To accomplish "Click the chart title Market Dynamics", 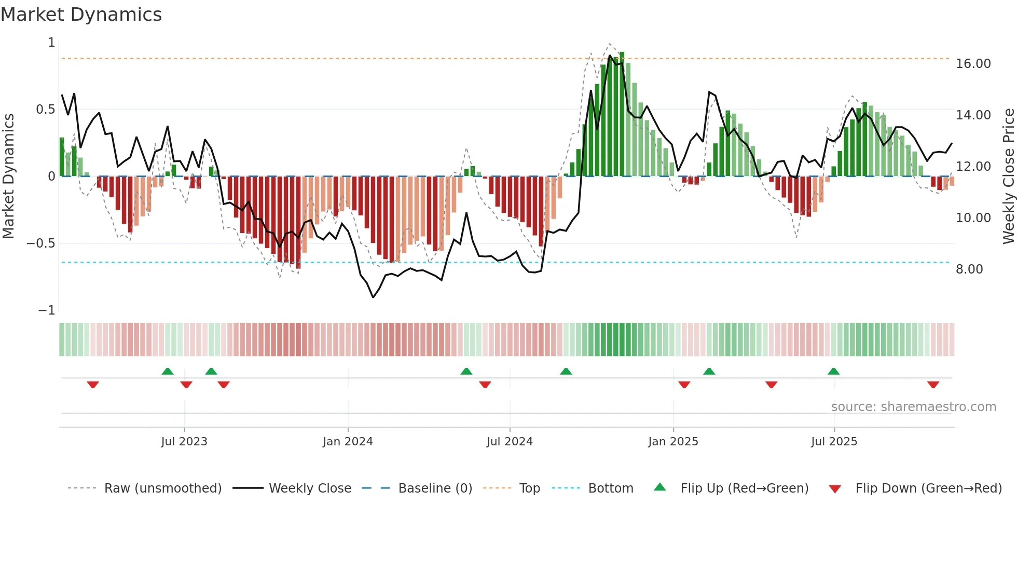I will point(81,15).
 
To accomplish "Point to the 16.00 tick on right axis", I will point(973,64).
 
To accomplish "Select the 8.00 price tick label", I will point(969,269).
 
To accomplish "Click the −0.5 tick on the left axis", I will point(40,243).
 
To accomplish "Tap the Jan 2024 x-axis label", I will point(348,442).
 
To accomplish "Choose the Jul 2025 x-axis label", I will point(834,442).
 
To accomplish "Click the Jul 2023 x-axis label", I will point(184,442).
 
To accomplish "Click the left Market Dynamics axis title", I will point(8,176).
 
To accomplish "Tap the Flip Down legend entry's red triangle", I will point(835,489).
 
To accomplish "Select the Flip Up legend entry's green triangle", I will point(659,487).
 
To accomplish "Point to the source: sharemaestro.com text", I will point(913,407).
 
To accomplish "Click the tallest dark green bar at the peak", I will point(622,114).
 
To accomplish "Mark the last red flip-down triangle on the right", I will point(933,385).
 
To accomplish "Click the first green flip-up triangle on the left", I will point(167,371).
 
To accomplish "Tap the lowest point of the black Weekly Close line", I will point(373,297).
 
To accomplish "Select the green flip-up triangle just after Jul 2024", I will point(566,371).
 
